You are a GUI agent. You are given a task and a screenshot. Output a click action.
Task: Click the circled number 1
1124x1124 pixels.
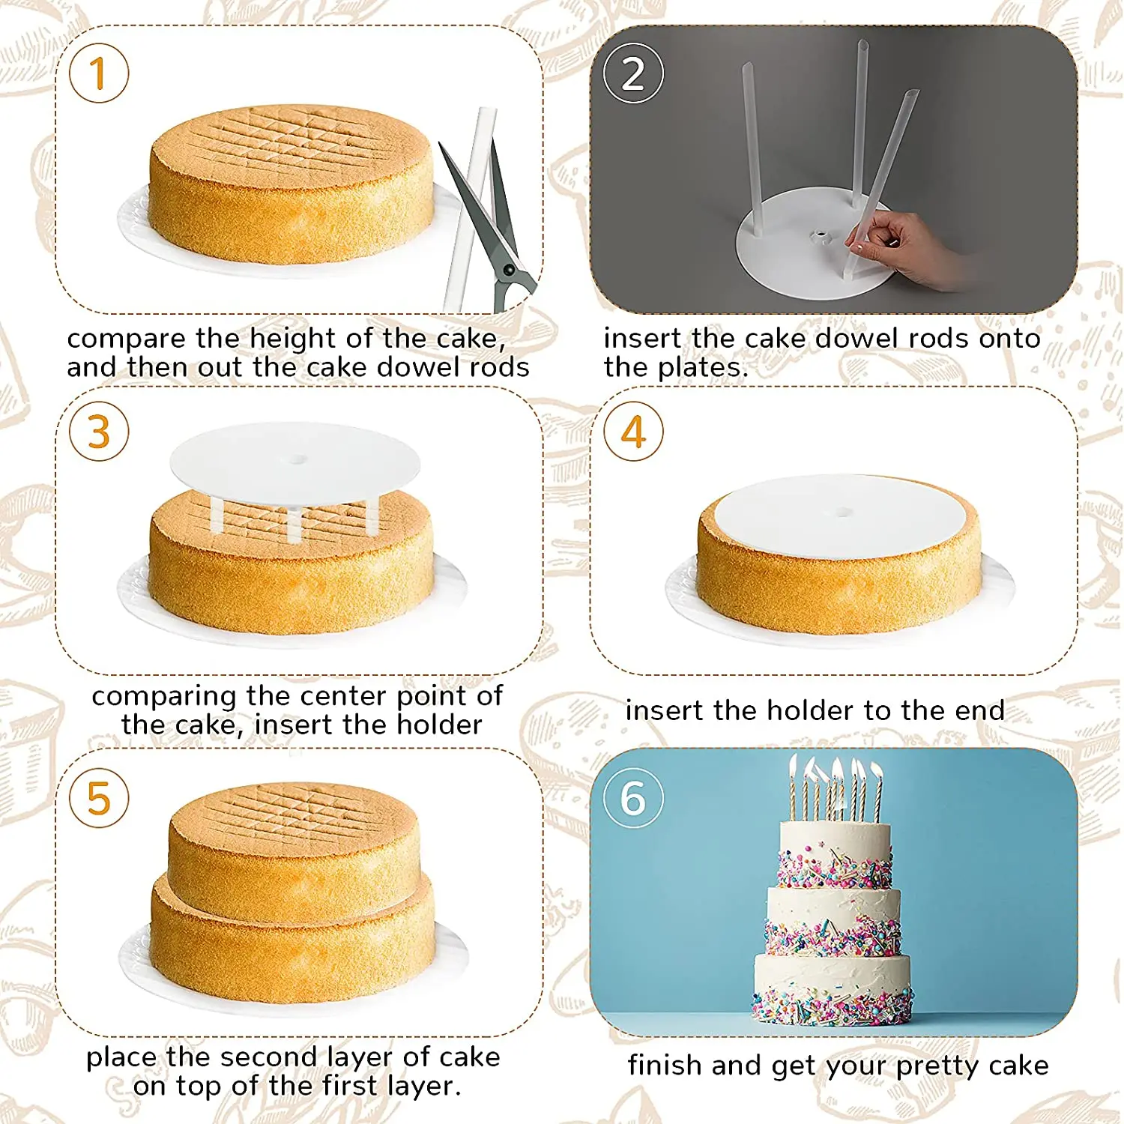point(99,73)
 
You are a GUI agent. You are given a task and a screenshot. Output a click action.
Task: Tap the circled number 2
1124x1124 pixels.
point(633,73)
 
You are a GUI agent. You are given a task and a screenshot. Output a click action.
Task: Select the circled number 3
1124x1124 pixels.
point(99,432)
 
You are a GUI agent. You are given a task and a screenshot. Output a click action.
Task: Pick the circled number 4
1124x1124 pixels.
point(633,432)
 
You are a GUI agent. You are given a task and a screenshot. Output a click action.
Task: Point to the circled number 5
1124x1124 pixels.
point(99,798)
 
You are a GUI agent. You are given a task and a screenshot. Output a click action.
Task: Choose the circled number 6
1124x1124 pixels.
point(633,798)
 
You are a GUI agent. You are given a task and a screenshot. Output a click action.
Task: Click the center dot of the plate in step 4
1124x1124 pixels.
point(844,513)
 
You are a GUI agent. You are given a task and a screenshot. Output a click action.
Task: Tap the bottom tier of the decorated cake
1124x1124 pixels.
point(833,988)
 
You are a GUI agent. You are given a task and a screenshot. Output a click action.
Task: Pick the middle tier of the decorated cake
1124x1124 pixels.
point(833,922)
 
